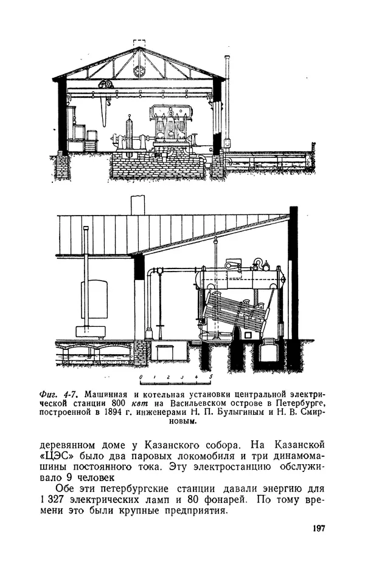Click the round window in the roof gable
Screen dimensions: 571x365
140,70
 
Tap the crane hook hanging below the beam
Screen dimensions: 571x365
107,103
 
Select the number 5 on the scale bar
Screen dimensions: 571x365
210,378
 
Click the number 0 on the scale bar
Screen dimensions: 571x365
141,378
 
